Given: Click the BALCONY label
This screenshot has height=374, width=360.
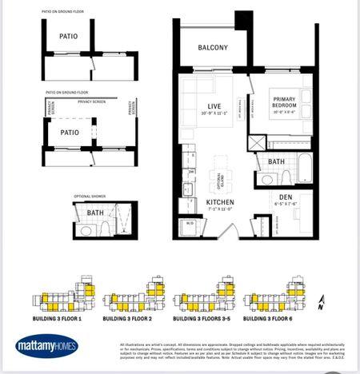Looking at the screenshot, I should click(x=214, y=48).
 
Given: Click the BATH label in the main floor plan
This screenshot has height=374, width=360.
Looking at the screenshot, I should click(x=277, y=161).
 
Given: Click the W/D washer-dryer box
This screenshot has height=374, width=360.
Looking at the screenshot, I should click(x=190, y=223).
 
